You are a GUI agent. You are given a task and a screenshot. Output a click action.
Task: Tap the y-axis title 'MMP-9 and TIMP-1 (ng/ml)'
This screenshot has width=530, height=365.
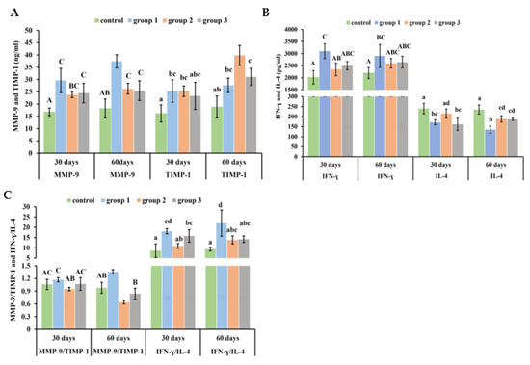13,87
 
